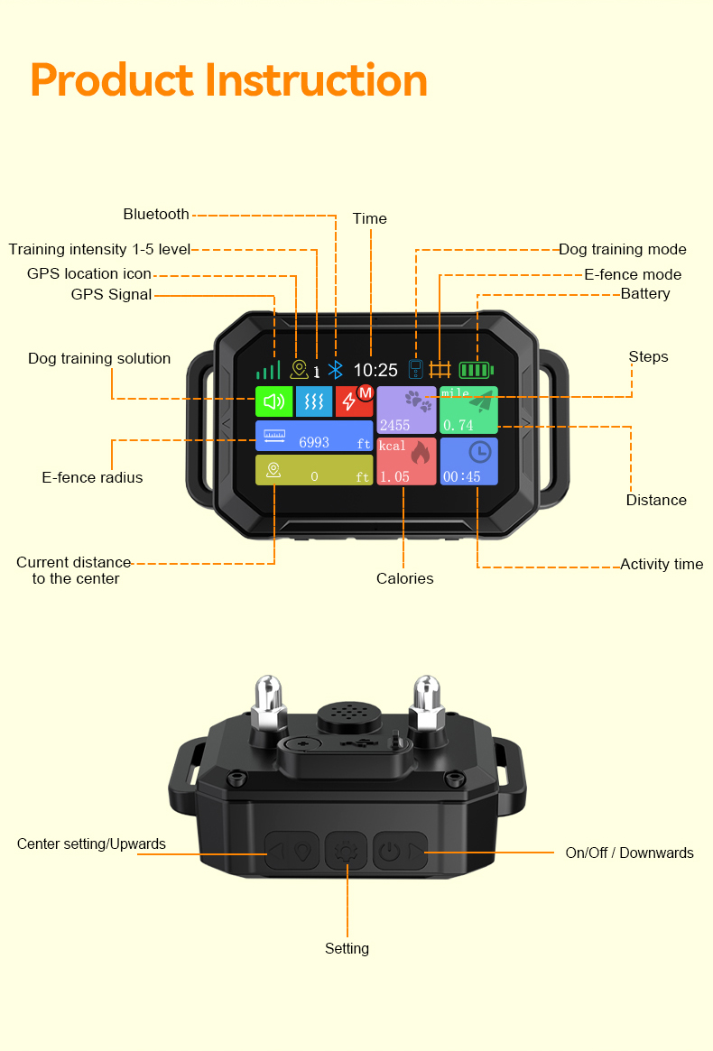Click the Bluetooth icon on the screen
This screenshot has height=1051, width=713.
(336, 370)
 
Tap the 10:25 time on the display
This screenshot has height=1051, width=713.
(375, 370)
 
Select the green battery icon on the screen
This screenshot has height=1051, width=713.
(476, 370)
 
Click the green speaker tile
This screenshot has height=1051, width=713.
(273, 401)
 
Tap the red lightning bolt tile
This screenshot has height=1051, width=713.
(353, 401)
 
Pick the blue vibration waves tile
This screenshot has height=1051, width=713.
(314, 401)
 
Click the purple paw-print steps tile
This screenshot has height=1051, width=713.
(406, 410)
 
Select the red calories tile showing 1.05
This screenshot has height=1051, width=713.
(406, 461)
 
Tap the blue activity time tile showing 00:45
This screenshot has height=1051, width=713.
(468, 461)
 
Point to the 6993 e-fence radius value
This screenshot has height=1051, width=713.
(314, 442)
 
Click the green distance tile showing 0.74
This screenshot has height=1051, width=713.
(468, 410)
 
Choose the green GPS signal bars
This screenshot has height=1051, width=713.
(267, 370)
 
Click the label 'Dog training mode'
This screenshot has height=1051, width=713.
(622, 250)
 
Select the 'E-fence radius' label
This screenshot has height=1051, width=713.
(92, 477)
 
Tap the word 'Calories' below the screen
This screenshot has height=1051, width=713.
(404, 578)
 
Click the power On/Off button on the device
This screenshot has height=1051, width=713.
(400, 851)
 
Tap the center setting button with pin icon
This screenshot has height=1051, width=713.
(292, 851)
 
